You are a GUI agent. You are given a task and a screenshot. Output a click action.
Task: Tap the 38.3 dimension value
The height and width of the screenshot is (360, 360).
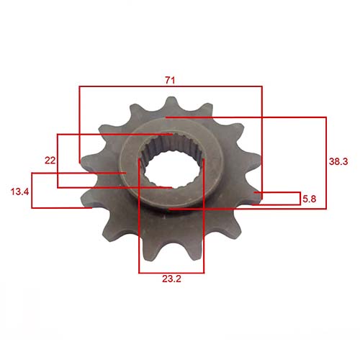pos(338,163)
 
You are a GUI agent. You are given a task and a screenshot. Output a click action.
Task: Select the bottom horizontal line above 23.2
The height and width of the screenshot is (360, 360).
pos(171,274)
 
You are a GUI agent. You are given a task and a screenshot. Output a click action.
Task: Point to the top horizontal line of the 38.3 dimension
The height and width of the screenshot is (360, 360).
pos(245,117)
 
